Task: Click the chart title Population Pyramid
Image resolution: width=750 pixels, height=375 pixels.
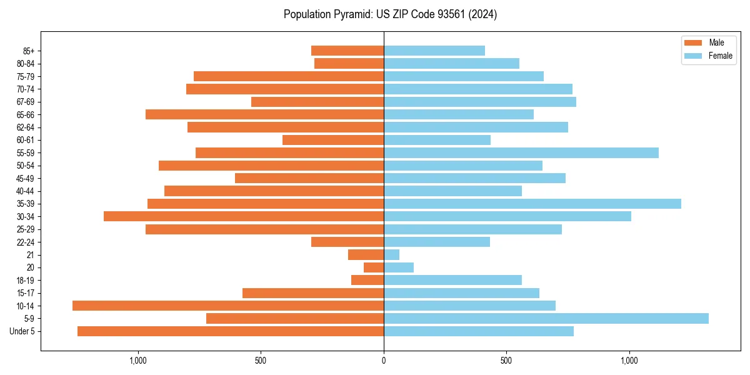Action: pyautogui.click(x=390, y=14)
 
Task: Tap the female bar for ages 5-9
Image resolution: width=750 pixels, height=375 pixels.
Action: pyautogui.click(x=546, y=318)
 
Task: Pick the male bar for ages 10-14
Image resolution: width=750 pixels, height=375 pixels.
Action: pyautogui.click(x=228, y=306)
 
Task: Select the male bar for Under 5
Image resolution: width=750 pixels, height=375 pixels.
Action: pyautogui.click(x=231, y=331)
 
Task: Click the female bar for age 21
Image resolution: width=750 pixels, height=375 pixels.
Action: pyautogui.click(x=391, y=254)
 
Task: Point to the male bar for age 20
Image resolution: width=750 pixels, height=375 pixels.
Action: pyautogui.click(x=374, y=267)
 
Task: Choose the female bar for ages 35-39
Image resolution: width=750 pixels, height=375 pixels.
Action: pyautogui.click(x=532, y=204)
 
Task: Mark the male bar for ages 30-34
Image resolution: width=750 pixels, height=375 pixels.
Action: pyautogui.click(x=244, y=216)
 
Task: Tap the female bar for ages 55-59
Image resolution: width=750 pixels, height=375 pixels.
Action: pyautogui.click(x=521, y=152)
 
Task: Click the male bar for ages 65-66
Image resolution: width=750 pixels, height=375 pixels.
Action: pyautogui.click(x=264, y=114)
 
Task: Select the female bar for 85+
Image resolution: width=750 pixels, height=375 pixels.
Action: pyautogui.click(x=434, y=51)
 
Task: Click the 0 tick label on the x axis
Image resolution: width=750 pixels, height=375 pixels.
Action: pyautogui.click(x=384, y=361)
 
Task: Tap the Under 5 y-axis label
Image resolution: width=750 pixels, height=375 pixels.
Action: pyautogui.click(x=22, y=331)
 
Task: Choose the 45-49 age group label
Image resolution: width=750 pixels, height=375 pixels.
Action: pyautogui.click(x=25, y=178)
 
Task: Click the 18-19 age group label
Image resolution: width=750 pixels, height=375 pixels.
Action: pyautogui.click(x=25, y=280)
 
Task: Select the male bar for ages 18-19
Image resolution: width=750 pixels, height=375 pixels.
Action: pyautogui.click(x=367, y=280)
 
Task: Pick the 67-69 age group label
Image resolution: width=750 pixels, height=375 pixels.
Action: pyautogui.click(x=25, y=102)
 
